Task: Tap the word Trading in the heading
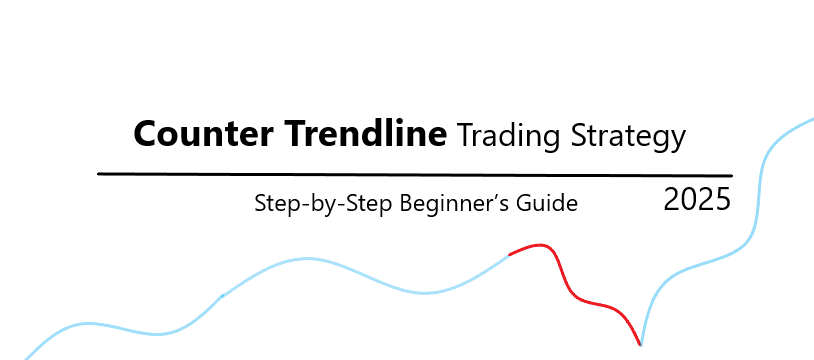point(509,137)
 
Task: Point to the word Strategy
point(628,137)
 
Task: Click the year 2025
point(697,200)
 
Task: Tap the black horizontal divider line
point(415,175)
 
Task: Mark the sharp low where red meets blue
point(640,344)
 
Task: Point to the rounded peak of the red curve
point(540,245)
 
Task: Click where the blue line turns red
point(509,255)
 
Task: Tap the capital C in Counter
point(145,134)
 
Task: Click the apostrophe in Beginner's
point(493,197)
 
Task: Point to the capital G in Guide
point(523,203)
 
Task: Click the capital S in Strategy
point(578,136)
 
